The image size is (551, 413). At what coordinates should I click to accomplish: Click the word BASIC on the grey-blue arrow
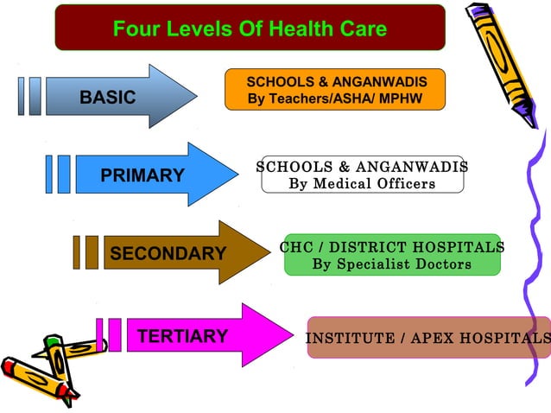point(108,98)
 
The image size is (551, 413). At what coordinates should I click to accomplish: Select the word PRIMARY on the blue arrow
point(142,175)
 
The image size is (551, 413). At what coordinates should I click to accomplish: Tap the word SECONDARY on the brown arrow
point(168,253)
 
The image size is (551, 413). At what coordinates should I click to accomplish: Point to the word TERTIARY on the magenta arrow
point(182,336)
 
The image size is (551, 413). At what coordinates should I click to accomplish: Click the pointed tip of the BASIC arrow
point(195,96)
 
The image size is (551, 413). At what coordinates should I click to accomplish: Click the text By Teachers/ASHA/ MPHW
point(335,98)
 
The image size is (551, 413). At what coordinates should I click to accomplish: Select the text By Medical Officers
point(362,183)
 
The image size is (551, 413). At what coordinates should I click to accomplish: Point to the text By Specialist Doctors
point(392,264)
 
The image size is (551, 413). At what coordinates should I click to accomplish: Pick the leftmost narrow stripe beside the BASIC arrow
point(21,96)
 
